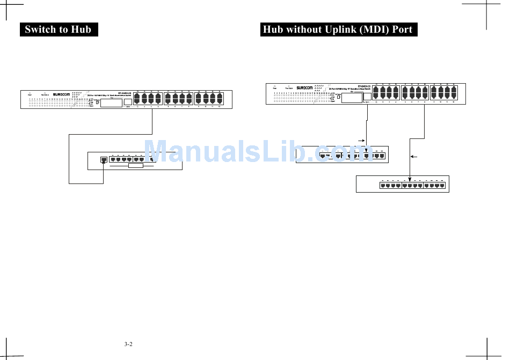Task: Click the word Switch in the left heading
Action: pyautogui.click(x=40, y=30)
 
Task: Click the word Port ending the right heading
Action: pyautogui.click(x=402, y=30)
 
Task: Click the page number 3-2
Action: pyautogui.click(x=128, y=344)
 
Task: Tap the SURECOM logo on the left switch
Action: pyautogui.click(x=63, y=94)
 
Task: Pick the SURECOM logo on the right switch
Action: pyautogui.click(x=304, y=88)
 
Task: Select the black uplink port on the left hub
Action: pyautogui.click(x=104, y=159)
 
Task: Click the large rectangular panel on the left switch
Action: pyautogui.click(x=110, y=104)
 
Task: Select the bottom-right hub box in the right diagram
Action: pyautogui.click(x=402, y=184)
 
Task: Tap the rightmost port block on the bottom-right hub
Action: pyautogui.click(x=434, y=186)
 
